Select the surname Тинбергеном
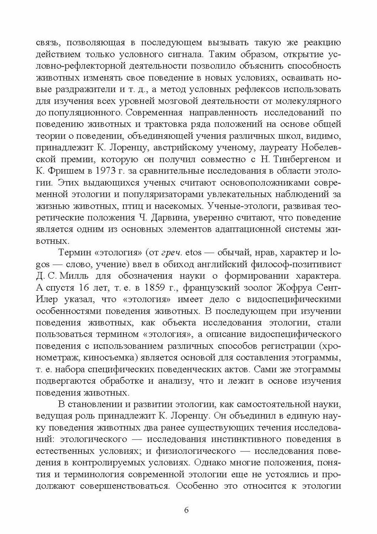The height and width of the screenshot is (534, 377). (288, 159)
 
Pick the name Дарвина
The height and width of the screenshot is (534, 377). (176, 218)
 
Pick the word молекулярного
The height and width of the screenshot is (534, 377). (306, 101)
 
